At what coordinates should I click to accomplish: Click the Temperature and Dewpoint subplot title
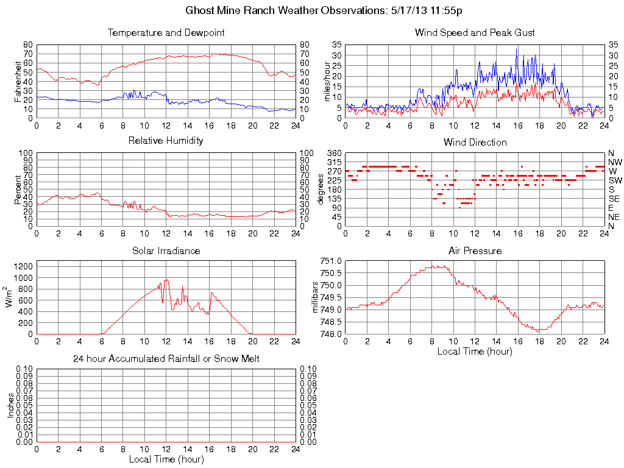(x=166, y=33)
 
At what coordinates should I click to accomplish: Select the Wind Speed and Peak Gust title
(x=475, y=33)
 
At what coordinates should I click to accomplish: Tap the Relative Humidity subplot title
(x=166, y=141)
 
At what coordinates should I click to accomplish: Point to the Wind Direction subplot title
(x=475, y=143)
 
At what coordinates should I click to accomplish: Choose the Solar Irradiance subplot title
(x=166, y=251)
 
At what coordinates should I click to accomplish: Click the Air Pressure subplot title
(x=475, y=251)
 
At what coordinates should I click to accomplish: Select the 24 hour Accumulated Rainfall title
(x=166, y=359)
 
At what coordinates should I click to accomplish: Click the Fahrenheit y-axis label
(x=18, y=80)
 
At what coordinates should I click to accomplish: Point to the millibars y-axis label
(x=316, y=297)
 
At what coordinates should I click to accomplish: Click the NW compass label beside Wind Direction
(x=615, y=162)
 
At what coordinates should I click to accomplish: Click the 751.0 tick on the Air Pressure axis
(x=331, y=261)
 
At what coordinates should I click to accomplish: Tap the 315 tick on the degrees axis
(x=335, y=162)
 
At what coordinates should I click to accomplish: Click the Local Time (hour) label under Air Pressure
(x=475, y=352)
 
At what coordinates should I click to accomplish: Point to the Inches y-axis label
(x=10, y=405)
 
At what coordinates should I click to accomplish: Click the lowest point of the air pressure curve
(x=539, y=330)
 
